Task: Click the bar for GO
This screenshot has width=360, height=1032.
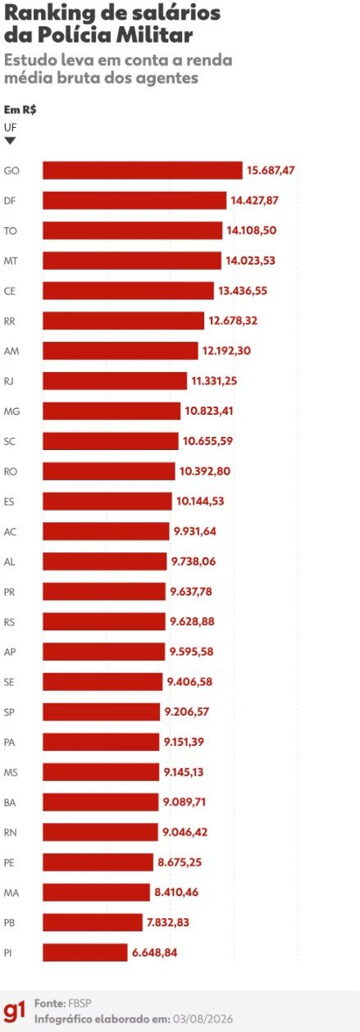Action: pos(143,170)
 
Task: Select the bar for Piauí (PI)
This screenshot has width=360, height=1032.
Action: pos(85,952)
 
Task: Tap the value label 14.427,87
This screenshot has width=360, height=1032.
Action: pos(255,200)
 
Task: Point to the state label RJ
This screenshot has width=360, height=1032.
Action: pos(10,381)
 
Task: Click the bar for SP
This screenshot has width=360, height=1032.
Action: pos(102,711)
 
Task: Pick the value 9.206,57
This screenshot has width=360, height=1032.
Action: pos(187,711)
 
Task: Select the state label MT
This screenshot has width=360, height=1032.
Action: pos(11,261)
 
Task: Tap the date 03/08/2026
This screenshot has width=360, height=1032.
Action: pos(203,1019)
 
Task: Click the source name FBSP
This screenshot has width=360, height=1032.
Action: pos(80,1003)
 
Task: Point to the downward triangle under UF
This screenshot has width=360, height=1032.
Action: pos(10,141)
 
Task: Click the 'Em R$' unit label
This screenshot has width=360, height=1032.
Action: pos(21,110)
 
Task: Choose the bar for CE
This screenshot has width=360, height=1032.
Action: pos(128,291)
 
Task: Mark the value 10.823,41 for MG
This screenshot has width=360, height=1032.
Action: pos(209,411)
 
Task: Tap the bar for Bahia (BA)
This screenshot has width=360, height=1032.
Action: pos(101,802)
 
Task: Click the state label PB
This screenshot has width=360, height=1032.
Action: pos(10,923)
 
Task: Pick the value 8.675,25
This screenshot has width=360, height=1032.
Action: pos(180,862)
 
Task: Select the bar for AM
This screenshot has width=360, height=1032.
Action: pos(121,351)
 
